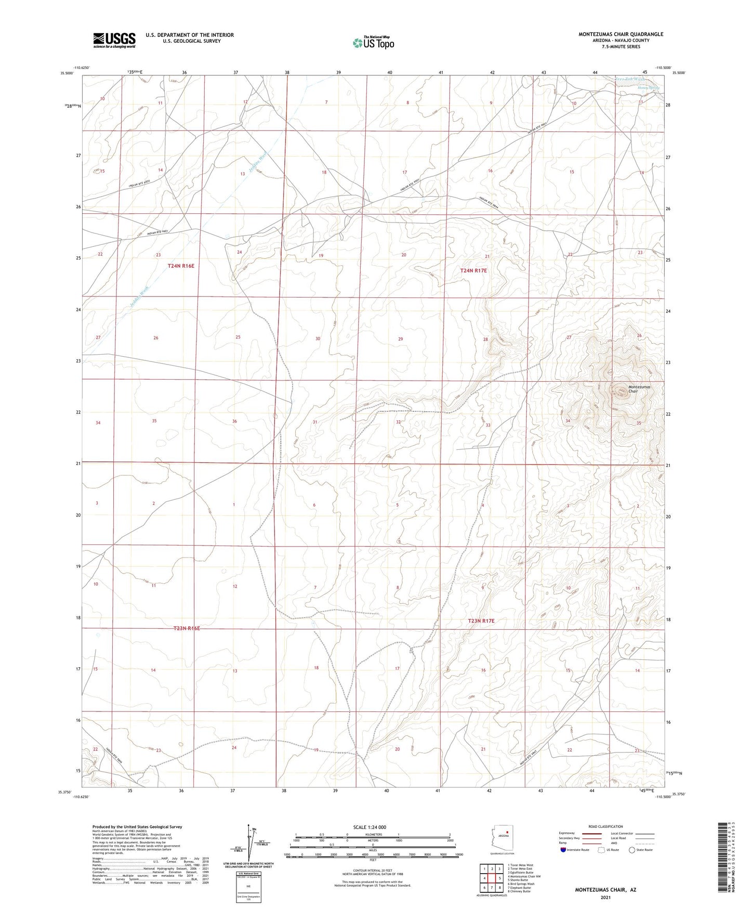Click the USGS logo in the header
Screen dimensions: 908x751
tap(114, 40)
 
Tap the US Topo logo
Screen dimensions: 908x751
tap(373, 43)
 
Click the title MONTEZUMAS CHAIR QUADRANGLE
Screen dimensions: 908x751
tap(621, 34)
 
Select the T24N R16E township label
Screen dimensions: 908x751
tap(180, 266)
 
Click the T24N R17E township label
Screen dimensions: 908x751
tap(473, 270)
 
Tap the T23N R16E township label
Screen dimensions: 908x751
tap(187, 629)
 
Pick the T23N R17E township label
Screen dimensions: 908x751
tap(481, 621)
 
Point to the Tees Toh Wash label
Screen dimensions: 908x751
tap(630, 80)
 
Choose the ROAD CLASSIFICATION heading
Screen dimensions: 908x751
tap(605, 826)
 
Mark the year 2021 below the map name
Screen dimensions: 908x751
tap(605, 897)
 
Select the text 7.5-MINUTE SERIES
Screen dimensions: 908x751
tap(621, 47)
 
